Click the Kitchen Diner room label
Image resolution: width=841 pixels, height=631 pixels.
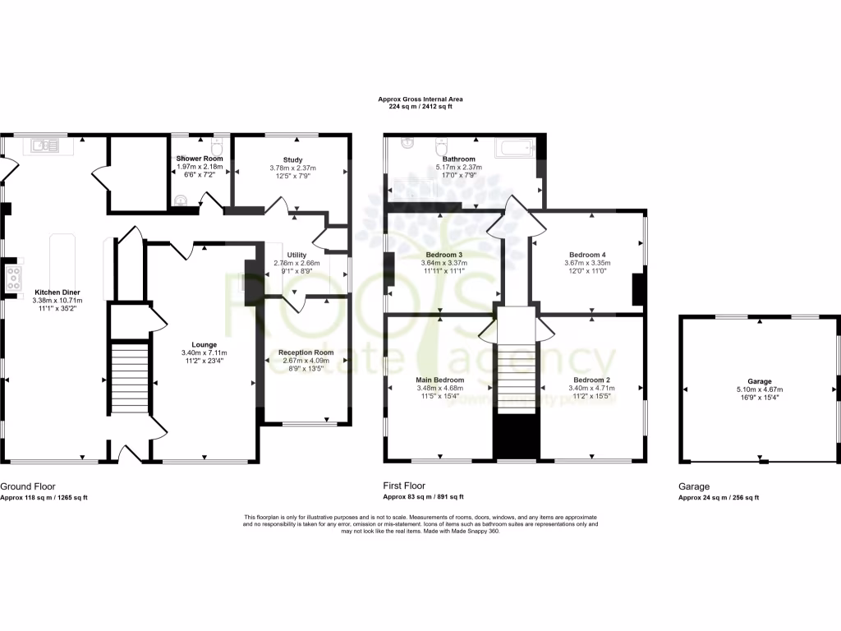[x=57, y=292]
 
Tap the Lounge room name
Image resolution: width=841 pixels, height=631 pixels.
[x=204, y=343]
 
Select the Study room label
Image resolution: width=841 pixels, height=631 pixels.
[x=292, y=159]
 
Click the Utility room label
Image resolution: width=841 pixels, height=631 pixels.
[x=296, y=255]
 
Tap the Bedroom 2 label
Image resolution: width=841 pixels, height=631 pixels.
[x=591, y=380]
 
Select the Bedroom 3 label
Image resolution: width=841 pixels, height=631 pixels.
[x=444, y=255]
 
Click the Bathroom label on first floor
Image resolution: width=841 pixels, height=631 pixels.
[x=459, y=159]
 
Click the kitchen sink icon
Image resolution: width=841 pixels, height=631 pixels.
[x=42, y=146]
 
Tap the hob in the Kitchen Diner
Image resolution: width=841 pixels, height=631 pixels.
[x=13, y=278]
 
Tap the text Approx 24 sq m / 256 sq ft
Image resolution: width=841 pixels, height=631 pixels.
[x=719, y=497]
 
